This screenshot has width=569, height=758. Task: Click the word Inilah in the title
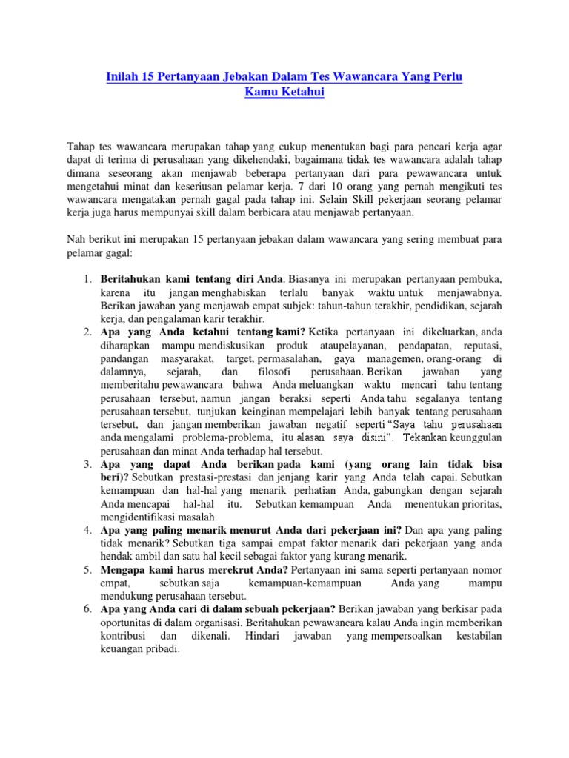tap(116, 78)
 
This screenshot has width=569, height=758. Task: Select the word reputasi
tap(482, 346)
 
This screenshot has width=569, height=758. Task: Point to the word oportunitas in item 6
tap(128, 623)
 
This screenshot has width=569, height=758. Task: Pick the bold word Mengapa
tap(124, 570)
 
